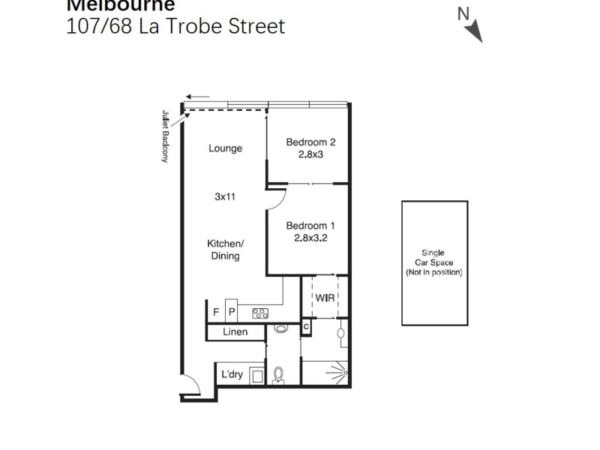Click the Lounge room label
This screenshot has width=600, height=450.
coord(225,148)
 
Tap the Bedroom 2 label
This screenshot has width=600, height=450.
coord(310,142)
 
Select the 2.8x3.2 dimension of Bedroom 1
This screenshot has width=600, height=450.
coord(310,238)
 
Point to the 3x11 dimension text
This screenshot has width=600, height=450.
coord(225,197)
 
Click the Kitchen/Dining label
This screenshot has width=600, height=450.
coord(225,250)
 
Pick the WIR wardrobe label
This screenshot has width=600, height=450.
coord(324,298)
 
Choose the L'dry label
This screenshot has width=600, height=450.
coord(232,374)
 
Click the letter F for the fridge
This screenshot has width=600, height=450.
coord(216,312)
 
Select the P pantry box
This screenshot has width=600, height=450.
coord(232,312)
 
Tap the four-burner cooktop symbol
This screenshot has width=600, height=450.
coord(260,313)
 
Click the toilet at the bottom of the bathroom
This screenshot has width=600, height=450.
coord(279,374)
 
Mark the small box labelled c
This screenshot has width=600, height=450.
coord(306,327)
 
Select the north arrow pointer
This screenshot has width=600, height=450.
coord(472,30)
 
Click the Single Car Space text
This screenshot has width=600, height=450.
coord(434,253)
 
